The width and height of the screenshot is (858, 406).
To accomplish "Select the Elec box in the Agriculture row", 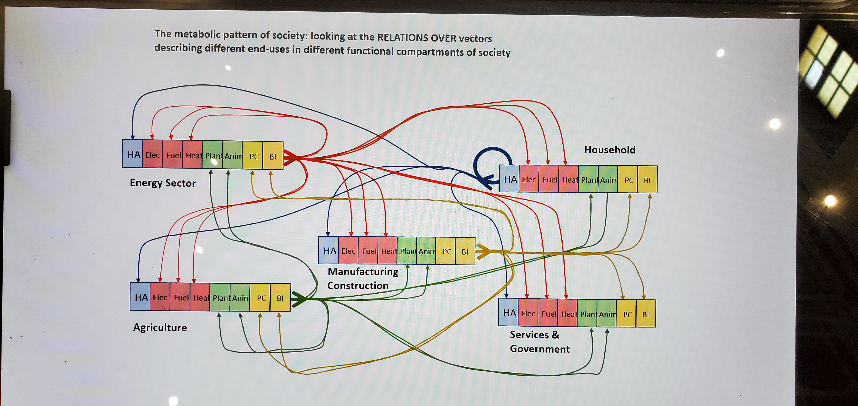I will pos(160,297).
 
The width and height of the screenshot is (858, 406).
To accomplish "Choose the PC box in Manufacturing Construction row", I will pos(446,252).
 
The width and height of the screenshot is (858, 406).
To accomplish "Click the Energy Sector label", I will pos(163,183).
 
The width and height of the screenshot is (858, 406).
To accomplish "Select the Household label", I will pos(609,150).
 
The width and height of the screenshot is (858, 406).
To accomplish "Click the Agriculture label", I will pos(160,327).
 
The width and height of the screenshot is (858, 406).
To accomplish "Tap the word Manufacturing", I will pos(363,272).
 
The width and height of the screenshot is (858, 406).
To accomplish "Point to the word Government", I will pos(540,349).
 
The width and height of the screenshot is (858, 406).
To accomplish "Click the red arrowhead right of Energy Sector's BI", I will pos(290,158).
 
